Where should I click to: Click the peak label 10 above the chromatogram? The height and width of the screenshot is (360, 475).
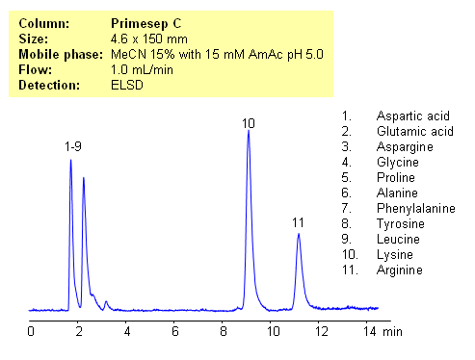[x=249, y=123]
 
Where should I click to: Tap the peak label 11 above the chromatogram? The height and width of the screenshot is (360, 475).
[x=299, y=223]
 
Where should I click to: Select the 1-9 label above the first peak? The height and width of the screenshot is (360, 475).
[x=73, y=146]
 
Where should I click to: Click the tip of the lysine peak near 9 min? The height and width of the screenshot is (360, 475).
[x=249, y=132]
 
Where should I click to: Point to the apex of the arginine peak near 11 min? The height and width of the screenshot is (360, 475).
[x=299, y=234]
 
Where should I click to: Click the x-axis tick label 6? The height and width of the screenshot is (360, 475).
[x=175, y=331]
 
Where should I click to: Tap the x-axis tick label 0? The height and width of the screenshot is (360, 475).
[x=31, y=331]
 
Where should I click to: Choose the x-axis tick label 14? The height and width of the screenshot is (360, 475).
[x=368, y=331]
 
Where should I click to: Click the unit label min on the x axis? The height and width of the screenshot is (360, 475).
[x=393, y=331]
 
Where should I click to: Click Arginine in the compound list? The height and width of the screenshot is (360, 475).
[x=400, y=270]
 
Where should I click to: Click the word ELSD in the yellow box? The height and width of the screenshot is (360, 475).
[x=128, y=86]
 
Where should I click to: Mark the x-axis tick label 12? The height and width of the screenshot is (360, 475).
[x=321, y=331]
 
